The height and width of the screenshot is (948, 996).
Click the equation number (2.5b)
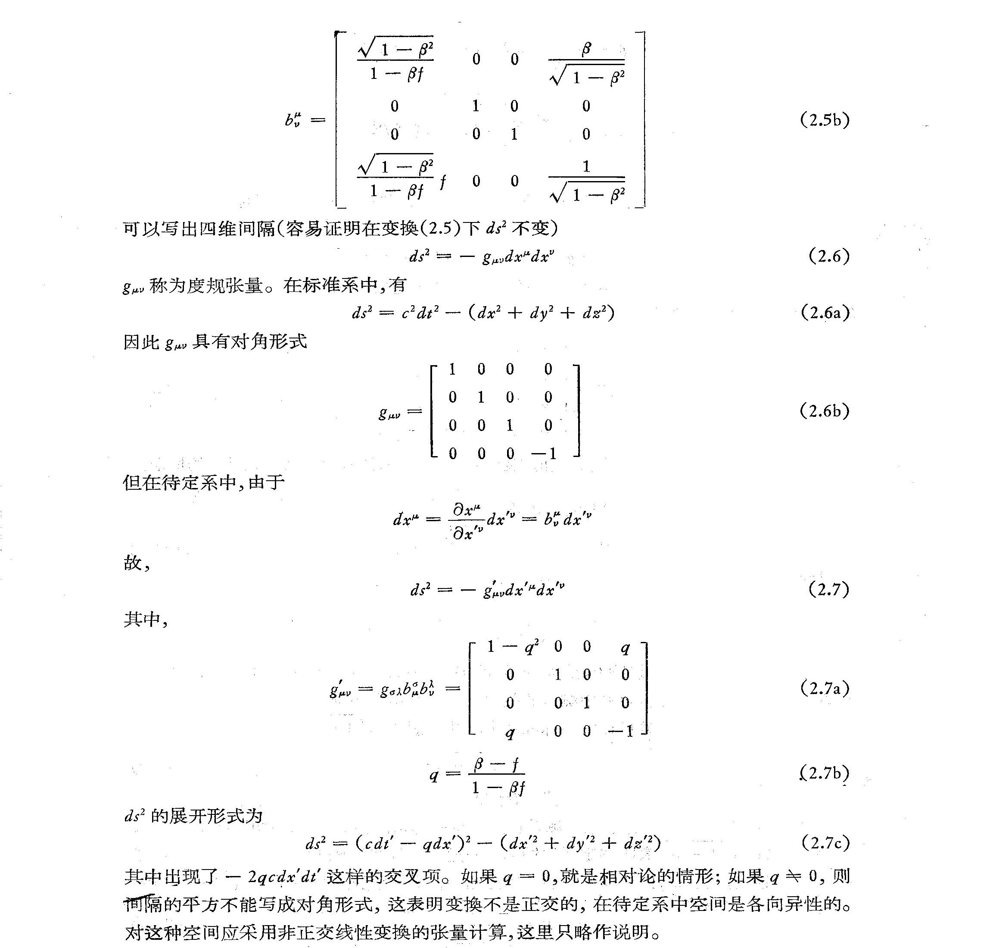[825, 120]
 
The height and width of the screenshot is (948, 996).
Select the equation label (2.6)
[828, 256]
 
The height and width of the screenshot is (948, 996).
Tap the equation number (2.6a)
[825, 313]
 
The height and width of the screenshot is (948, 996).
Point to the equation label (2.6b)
[825, 411]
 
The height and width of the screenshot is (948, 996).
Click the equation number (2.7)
[828, 589]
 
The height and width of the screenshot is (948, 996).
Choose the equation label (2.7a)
[825, 688]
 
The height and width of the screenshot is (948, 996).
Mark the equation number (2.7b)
[825, 773]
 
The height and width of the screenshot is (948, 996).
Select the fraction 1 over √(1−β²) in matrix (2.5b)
[586, 182]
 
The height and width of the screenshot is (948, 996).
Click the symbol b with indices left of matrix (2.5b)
[293, 120]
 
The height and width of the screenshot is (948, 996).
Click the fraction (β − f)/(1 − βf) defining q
[497, 775]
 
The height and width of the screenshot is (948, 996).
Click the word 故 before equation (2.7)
[133, 563]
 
